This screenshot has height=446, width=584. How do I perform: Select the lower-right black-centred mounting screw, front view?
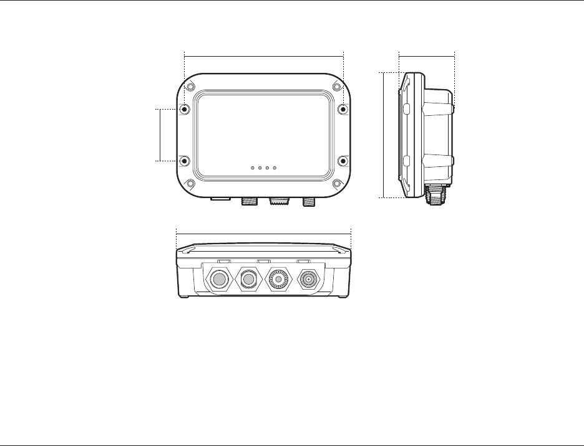(x=343, y=161)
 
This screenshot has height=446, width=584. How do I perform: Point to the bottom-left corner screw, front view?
(x=190, y=184)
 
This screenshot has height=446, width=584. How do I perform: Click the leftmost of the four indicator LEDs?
(x=252, y=168)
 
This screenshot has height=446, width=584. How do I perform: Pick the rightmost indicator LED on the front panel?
(x=275, y=168)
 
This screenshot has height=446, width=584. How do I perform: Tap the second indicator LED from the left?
(x=260, y=168)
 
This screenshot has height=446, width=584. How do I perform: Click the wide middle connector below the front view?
(x=279, y=202)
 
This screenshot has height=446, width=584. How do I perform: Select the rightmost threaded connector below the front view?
(x=308, y=201)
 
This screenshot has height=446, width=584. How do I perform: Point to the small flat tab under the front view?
(x=220, y=199)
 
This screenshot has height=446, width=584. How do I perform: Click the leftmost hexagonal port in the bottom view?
(x=220, y=280)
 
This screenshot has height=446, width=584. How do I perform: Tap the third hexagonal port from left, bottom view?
(x=278, y=280)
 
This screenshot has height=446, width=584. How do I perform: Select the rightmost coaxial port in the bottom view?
(x=308, y=280)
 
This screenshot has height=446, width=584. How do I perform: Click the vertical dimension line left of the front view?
(x=161, y=135)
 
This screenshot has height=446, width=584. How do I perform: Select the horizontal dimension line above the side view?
(x=427, y=55)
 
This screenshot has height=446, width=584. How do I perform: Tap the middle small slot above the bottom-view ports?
(x=263, y=260)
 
